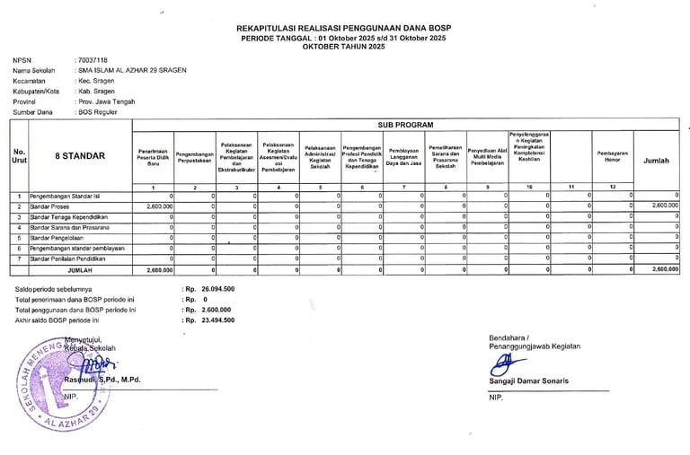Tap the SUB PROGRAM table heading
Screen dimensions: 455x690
pos(405,125)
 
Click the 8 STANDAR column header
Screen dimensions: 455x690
pos(80,156)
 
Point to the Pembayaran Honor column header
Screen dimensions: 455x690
pos(612,156)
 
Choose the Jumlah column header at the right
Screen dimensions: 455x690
pos(657,161)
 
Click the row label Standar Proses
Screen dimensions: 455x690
pos(50,206)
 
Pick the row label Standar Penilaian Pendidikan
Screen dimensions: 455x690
pos(67,258)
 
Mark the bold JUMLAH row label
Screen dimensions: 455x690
pos(79,269)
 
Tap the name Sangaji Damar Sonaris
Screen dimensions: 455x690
pos(529,381)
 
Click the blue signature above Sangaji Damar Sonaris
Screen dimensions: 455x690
pos(500,364)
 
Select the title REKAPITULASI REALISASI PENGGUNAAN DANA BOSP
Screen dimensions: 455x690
pos(344,29)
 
